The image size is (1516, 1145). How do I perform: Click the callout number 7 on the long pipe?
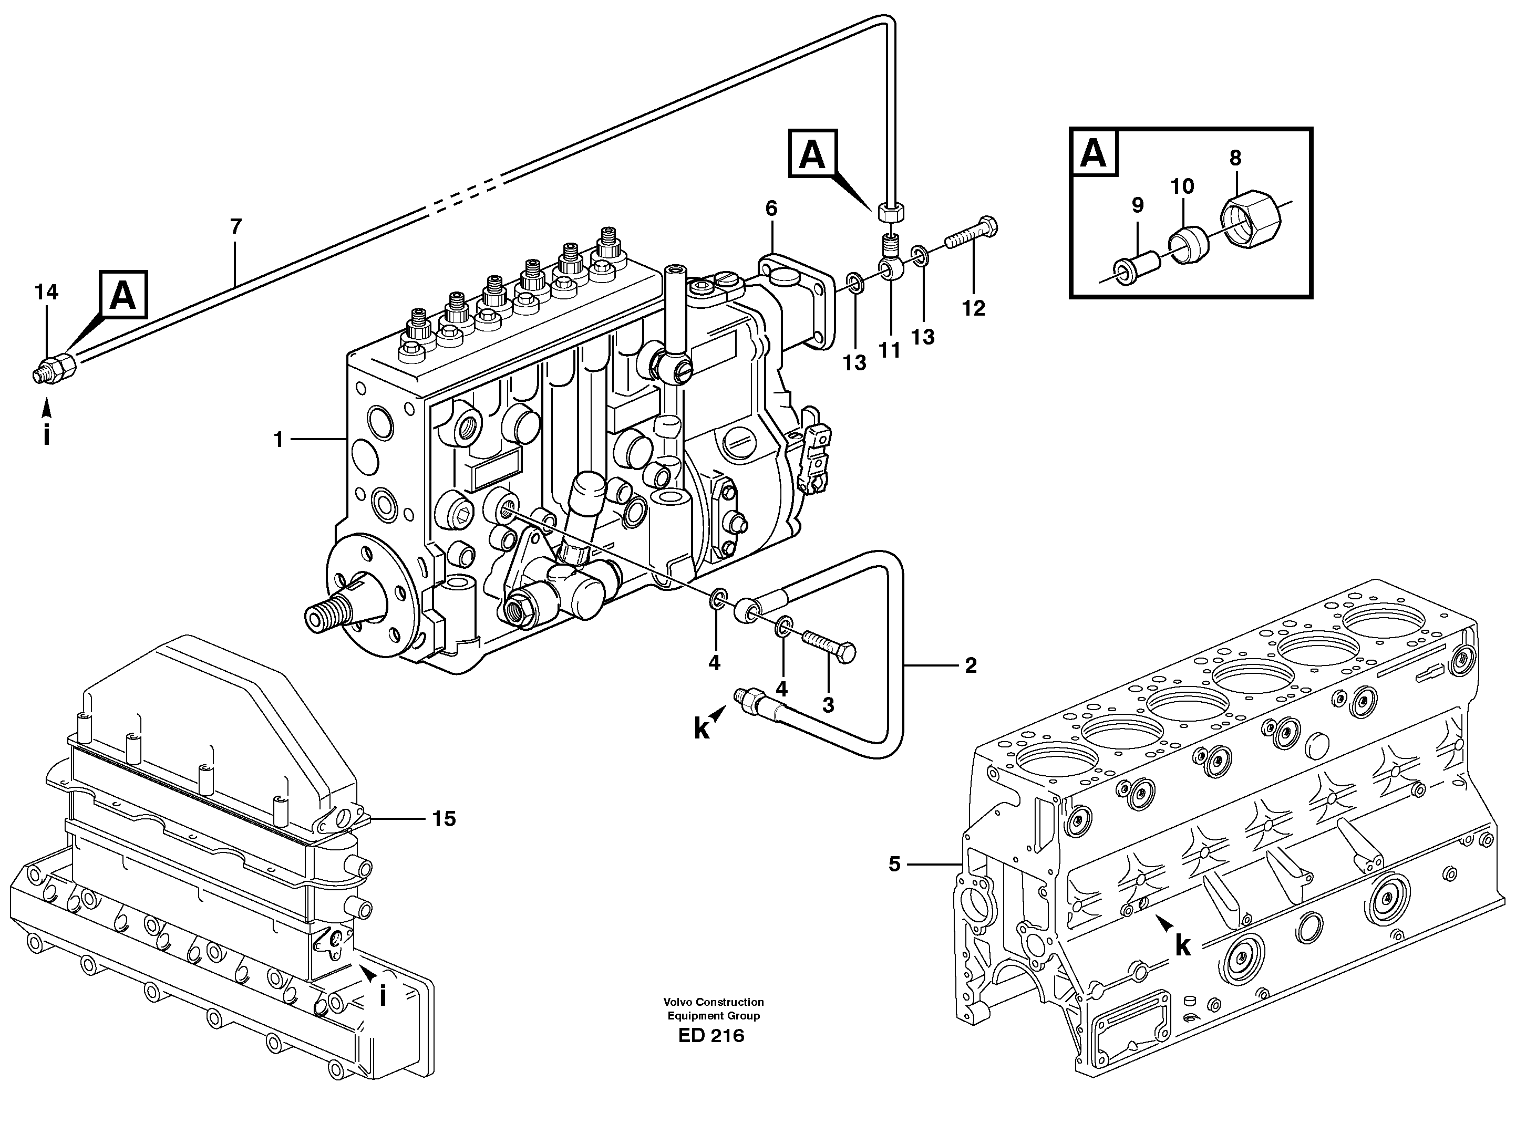[236, 227]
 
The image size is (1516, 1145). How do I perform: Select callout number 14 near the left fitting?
[47, 293]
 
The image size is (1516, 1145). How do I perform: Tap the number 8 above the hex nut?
[1235, 158]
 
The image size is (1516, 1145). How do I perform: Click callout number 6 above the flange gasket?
[772, 209]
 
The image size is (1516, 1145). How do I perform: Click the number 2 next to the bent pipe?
[971, 665]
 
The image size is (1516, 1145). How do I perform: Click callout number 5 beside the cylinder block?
[894, 865]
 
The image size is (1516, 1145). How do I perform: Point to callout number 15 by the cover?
[444, 819]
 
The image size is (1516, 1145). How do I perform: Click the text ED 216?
[711, 1036]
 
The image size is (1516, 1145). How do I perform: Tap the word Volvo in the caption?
[679, 1002]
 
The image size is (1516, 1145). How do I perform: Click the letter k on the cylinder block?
[1182, 947]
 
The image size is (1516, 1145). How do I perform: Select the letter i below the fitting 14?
[47, 435]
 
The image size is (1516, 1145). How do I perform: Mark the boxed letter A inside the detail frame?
[1093, 153]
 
